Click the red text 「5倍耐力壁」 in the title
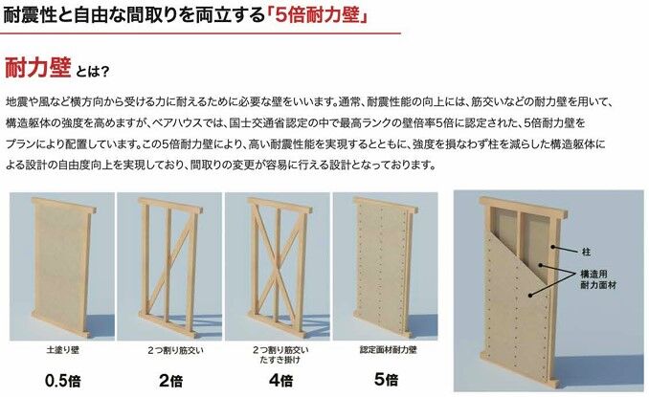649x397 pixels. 317,15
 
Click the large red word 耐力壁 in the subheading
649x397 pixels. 37,67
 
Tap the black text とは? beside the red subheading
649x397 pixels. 92,71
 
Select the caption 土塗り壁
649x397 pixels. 62,350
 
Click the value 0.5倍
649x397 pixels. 62,381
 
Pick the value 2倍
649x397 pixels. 170,381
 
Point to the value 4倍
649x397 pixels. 280,380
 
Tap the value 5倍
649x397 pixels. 386,379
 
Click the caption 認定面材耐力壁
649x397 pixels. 388,350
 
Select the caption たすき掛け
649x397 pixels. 280,360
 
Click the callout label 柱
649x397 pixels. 586,252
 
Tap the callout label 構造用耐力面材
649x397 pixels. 598,279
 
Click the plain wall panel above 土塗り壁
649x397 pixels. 61,268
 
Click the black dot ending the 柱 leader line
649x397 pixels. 553,247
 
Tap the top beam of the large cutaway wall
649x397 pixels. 523,208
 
